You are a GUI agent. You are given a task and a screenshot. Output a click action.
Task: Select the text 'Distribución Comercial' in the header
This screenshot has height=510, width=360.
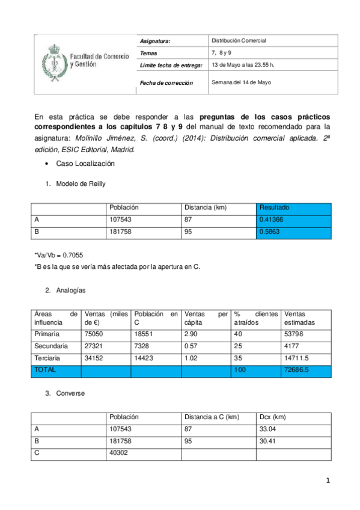(x=239, y=40)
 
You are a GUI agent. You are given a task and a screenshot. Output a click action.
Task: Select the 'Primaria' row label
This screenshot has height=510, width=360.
(x=47, y=334)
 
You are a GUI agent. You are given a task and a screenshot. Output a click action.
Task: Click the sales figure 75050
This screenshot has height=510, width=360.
(x=95, y=334)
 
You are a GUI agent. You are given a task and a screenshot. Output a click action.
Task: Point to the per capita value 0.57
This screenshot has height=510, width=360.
(x=191, y=346)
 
